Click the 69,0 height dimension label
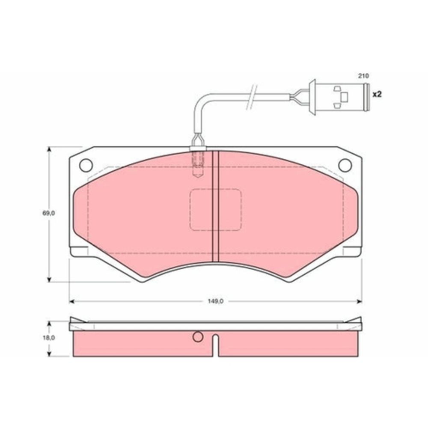point(49,213)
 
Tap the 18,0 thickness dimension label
point(49,338)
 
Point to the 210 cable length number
point(363,76)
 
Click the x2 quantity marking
point(377,95)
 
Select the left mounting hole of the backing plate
point(86,165)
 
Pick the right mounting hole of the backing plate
point(345,165)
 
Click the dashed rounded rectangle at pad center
point(216,209)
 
